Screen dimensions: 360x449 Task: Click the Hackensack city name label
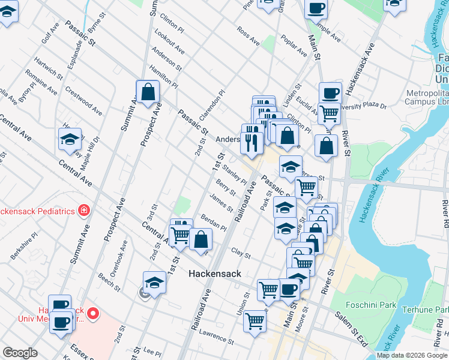tap(214, 274)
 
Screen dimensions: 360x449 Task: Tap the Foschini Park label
tap(372, 305)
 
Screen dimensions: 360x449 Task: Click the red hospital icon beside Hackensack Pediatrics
tap(84, 211)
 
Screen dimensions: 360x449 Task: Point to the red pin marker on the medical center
tap(93, 313)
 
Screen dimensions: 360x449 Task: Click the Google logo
tap(20, 353)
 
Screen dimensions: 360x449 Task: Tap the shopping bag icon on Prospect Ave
tap(148, 92)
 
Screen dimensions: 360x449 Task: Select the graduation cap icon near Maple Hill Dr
tap(70, 140)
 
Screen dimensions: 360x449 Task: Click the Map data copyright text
tap(411, 355)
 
